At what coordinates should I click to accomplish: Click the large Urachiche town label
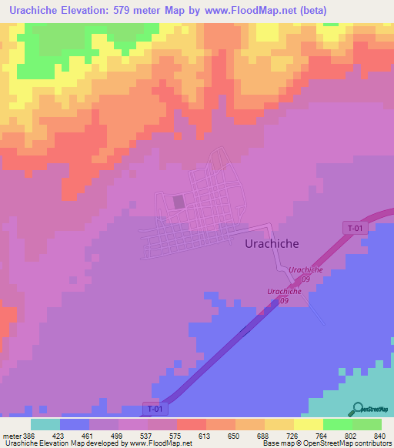coord(271,242)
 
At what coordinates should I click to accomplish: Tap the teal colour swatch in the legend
coord(45,424)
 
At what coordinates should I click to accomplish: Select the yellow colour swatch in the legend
coord(308,424)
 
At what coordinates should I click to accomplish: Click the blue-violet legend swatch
coord(75,424)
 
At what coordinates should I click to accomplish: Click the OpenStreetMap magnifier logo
coord(359,408)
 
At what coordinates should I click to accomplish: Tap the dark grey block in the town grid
coord(179,202)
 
